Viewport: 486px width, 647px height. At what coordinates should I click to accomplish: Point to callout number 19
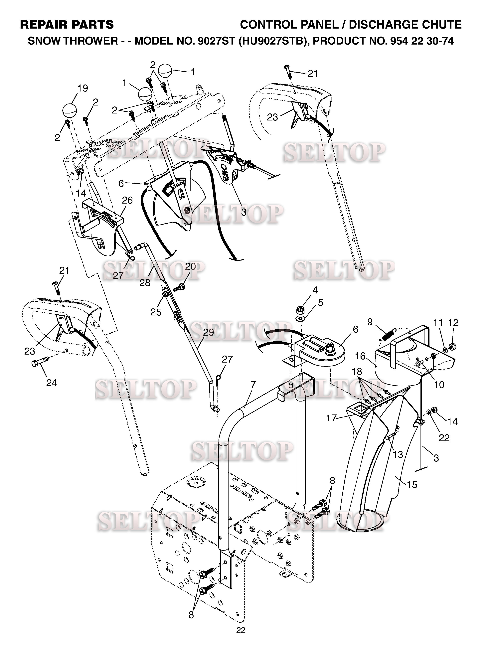82,88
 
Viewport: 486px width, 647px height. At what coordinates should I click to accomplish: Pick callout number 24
52,383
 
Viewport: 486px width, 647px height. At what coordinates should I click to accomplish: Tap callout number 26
127,200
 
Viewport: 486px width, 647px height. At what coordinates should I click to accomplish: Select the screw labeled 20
179,287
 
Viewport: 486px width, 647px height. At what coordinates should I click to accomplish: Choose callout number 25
156,312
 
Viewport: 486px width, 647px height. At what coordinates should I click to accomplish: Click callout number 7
253,384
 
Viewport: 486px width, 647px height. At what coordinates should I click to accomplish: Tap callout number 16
360,356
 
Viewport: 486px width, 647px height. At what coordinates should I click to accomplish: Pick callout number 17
331,418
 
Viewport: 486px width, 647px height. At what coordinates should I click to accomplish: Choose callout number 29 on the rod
209,332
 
